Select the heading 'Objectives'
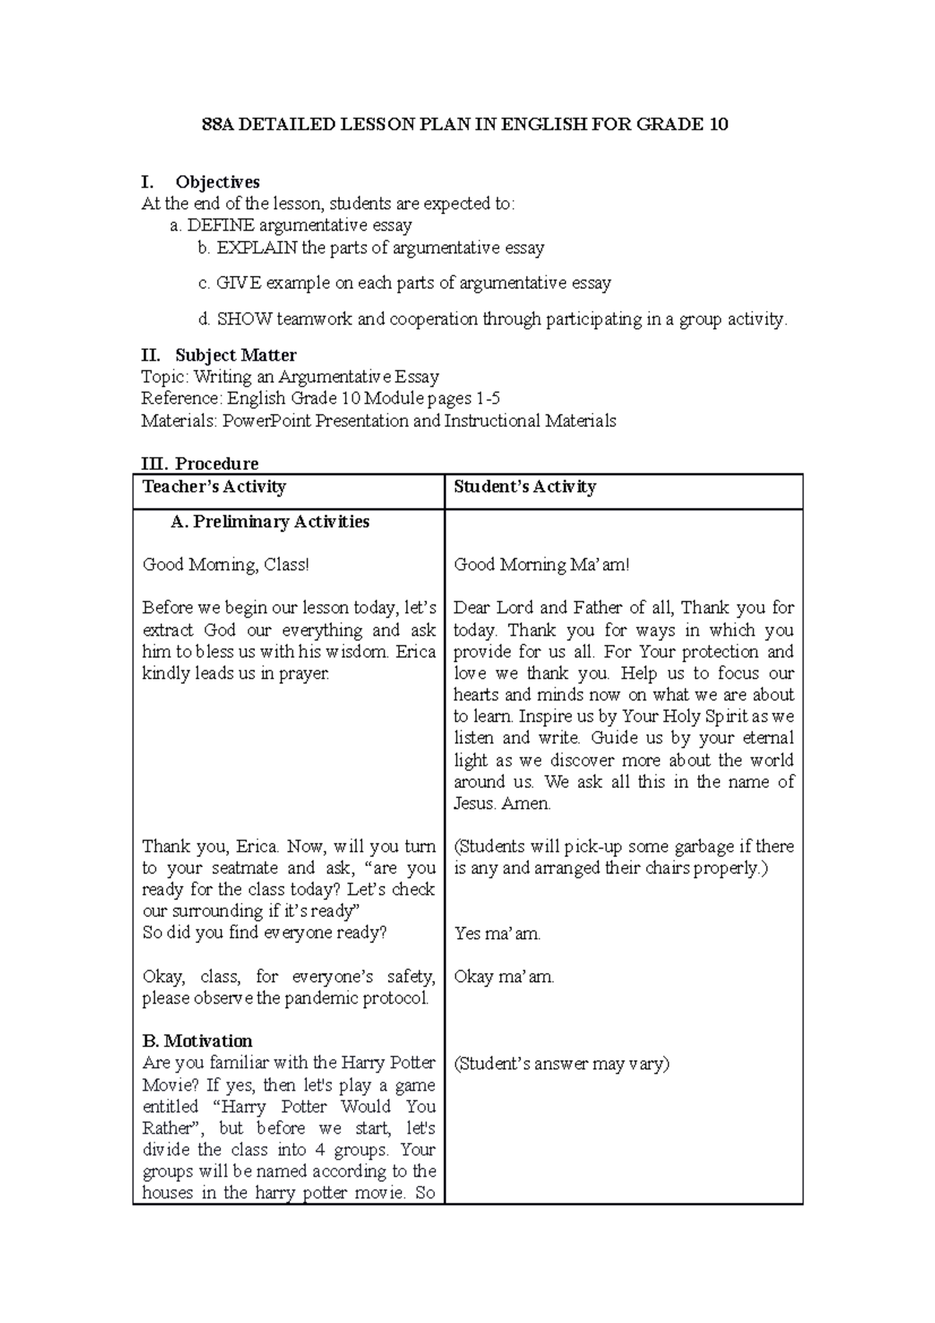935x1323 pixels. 217,182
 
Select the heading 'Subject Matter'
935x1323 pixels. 235,356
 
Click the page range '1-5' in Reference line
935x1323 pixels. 488,399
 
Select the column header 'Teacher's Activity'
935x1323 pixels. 214,488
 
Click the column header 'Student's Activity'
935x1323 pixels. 525,488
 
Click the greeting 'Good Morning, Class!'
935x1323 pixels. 226,565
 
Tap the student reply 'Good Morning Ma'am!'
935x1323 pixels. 542,565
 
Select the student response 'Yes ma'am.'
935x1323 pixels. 497,933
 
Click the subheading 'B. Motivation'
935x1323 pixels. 198,1042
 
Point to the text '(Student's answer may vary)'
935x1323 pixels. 562,1064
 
